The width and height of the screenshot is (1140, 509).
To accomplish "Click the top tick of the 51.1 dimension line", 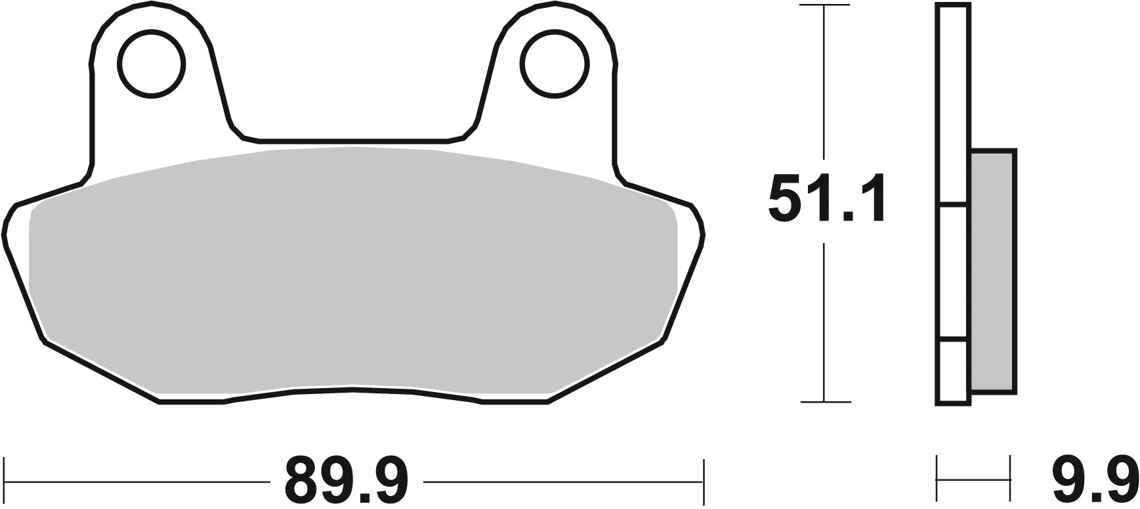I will click(x=825, y=6).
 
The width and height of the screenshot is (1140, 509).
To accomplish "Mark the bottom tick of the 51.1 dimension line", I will click(x=825, y=401).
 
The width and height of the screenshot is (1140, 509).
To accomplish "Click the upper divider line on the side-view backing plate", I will click(x=953, y=204).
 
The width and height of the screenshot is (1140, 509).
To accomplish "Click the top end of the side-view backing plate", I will click(x=953, y=6).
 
